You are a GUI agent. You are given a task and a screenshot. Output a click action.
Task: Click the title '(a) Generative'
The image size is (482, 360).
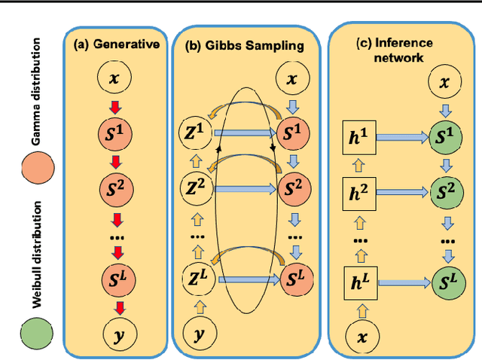coord(116,44)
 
